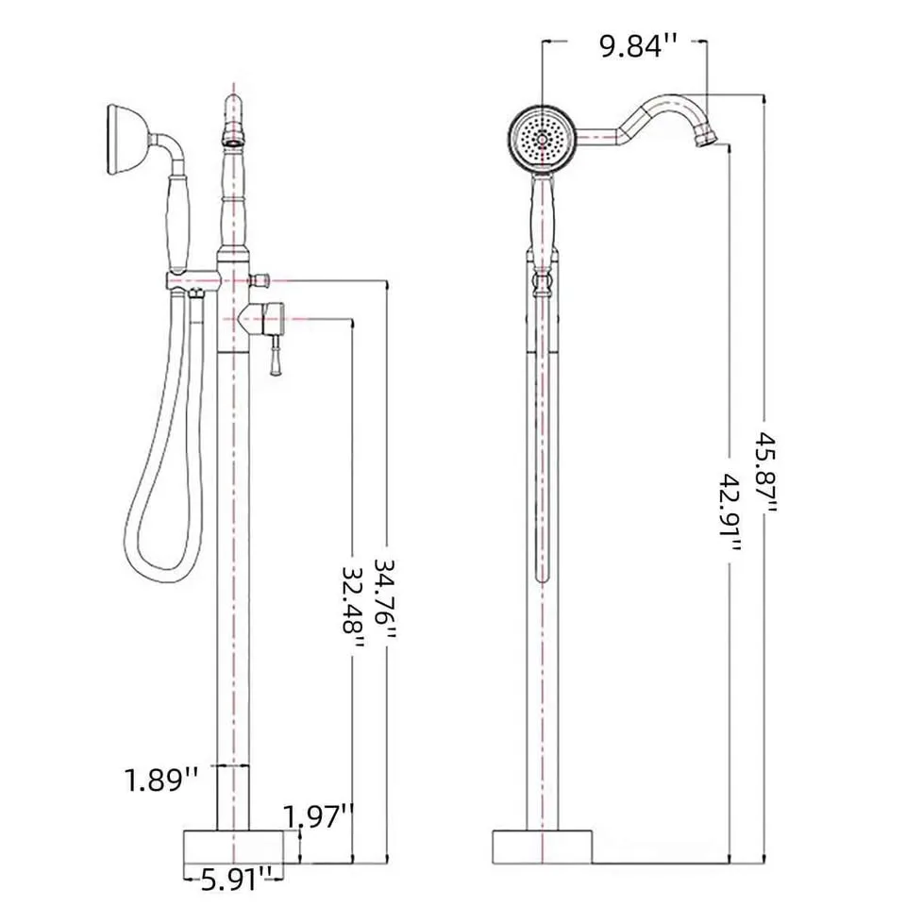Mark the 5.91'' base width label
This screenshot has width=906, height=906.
(x=227, y=881)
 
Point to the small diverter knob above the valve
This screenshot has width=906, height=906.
(x=260, y=279)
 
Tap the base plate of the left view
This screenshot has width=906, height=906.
(x=232, y=847)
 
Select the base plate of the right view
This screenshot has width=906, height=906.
(x=543, y=847)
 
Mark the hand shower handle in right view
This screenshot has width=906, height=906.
(x=543, y=222)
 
